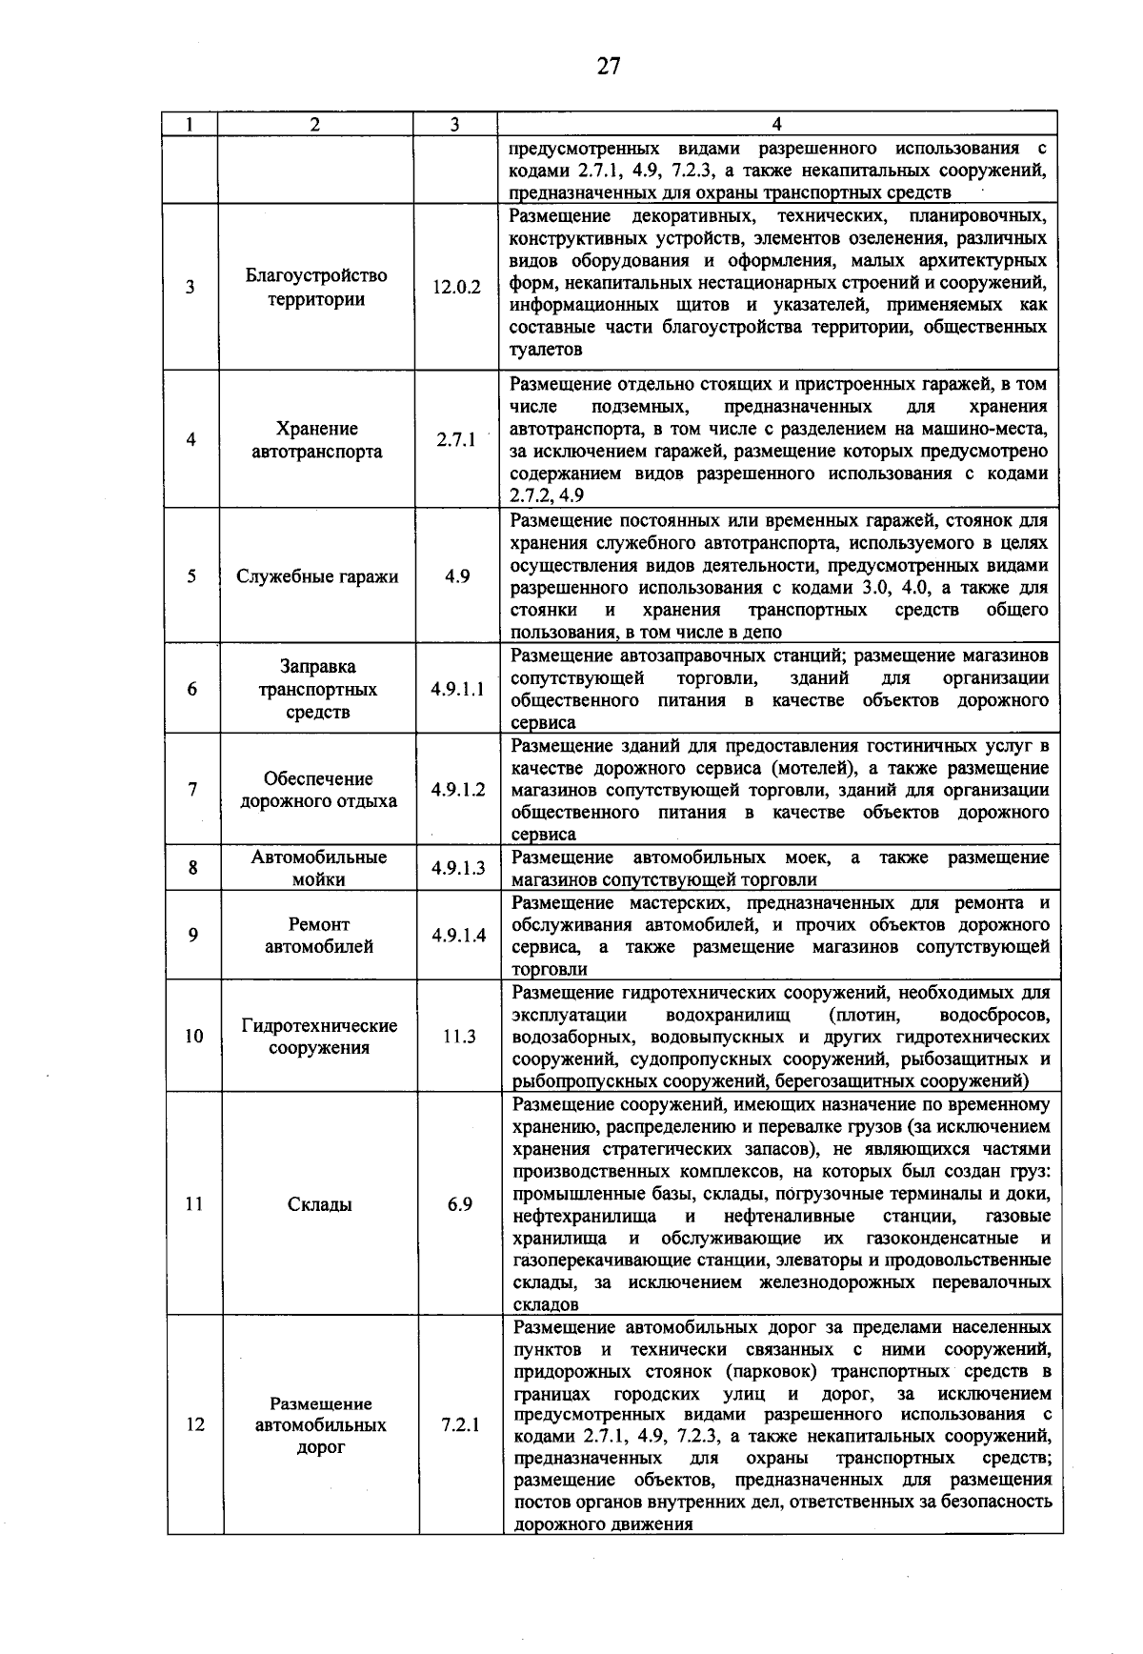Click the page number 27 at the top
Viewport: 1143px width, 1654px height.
[609, 66]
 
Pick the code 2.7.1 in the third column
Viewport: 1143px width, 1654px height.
[456, 440]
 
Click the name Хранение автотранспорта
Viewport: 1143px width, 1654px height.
[317, 440]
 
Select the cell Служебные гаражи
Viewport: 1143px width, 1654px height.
[317, 576]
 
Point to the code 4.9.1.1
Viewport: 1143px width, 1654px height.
[457, 689]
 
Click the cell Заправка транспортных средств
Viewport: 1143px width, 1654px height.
[317, 689]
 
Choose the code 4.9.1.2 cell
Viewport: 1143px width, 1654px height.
[457, 789]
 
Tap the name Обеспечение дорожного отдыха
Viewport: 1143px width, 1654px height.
[318, 789]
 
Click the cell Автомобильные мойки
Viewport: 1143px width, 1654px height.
[318, 868]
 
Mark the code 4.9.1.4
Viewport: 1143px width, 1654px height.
[458, 936]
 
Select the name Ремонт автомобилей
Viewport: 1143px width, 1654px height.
[318, 936]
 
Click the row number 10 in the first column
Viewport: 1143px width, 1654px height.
[193, 1037]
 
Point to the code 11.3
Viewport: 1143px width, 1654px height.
[459, 1037]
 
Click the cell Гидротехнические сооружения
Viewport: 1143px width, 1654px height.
[319, 1037]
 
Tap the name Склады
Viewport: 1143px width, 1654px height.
[320, 1204]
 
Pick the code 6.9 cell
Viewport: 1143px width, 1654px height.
[460, 1204]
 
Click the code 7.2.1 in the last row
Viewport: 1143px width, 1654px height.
[461, 1425]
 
